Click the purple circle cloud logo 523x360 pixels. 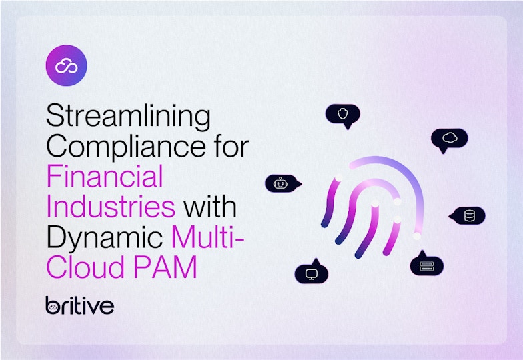[x=67, y=65]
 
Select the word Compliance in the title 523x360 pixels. [x=126, y=146]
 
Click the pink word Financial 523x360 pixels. [x=105, y=176]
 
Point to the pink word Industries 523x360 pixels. [x=111, y=207]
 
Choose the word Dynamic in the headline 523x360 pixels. [x=105, y=238]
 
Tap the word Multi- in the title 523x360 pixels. [x=208, y=237]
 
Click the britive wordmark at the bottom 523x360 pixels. [x=80, y=305]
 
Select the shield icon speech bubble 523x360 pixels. [x=343, y=115]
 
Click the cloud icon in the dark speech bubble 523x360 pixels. [x=450, y=137]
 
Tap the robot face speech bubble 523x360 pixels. [x=283, y=183]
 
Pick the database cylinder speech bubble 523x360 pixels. [x=467, y=216]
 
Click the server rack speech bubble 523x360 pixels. [x=427, y=264]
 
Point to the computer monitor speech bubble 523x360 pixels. [x=312, y=272]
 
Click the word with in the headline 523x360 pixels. [x=210, y=207]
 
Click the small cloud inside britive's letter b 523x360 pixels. [x=52, y=309]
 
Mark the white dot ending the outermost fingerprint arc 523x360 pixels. [x=416, y=236]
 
